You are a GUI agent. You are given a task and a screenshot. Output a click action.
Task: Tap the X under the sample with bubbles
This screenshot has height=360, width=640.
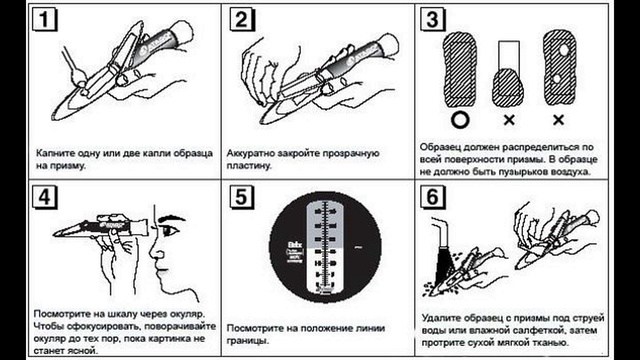(x=562, y=118)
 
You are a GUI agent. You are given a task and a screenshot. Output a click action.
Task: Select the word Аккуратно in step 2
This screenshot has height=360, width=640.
(x=257, y=150)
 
